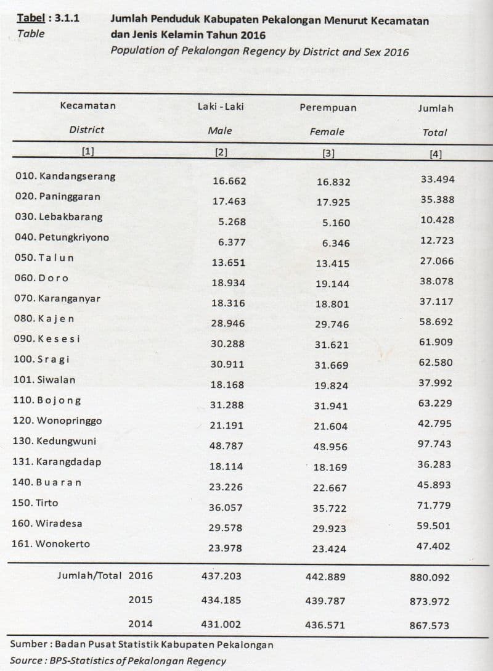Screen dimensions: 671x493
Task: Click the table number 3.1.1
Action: tap(67, 19)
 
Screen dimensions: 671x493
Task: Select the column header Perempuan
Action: tap(328, 108)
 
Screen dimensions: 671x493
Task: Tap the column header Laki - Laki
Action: tap(221, 107)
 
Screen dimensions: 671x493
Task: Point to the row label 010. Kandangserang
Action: tap(65, 176)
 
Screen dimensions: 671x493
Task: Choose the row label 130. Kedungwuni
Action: tap(54, 442)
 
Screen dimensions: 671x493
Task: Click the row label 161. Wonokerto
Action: tap(51, 544)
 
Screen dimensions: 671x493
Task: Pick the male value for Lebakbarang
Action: tap(232, 222)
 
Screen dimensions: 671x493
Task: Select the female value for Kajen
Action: tap(332, 324)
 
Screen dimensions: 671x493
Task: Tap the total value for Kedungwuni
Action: tap(434, 444)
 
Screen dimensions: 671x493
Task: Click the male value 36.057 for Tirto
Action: tap(227, 508)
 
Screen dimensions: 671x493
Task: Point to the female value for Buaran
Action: tap(330, 488)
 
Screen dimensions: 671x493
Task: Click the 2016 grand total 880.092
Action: tap(430, 578)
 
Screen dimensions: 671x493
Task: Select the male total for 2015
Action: tap(221, 599)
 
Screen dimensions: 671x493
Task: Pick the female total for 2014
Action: tap(325, 625)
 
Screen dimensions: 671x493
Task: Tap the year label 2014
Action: tap(141, 624)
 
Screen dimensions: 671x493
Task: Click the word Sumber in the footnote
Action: tap(27, 644)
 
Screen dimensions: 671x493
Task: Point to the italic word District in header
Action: tap(87, 130)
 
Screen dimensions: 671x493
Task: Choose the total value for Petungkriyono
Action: tap(437, 241)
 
